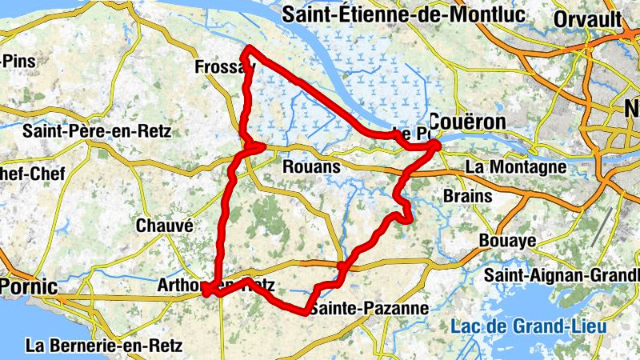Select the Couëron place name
coord(468,122)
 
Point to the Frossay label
coord(221,68)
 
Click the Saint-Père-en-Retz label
coord(97,131)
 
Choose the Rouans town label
coord(311,167)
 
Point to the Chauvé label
coord(165,226)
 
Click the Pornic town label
coord(29,286)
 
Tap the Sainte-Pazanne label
coord(369,308)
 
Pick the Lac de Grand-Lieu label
coord(528,327)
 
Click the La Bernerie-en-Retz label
coord(105,346)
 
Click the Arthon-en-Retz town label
coord(216,285)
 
